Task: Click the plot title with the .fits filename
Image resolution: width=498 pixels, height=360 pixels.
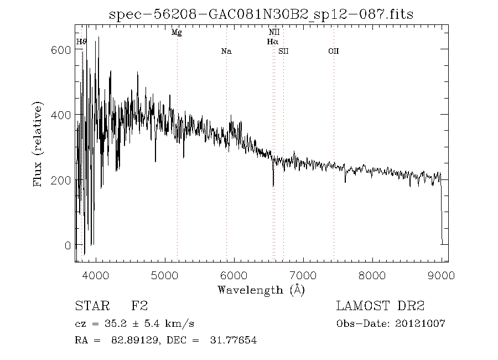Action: coord(261,14)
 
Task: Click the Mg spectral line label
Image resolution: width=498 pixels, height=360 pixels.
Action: coord(177,33)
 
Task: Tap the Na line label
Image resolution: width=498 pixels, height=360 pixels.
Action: coord(226,52)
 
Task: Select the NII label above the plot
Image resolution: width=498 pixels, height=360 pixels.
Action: coord(274,33)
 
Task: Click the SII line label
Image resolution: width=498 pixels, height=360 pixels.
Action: coord(283,52)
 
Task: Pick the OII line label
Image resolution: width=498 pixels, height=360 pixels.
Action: coord(333,52)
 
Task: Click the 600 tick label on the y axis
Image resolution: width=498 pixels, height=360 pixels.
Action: coord(60,50)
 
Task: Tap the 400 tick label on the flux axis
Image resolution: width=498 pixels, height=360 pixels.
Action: coord(60,115)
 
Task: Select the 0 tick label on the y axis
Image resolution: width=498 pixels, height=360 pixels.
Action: coord(67,245)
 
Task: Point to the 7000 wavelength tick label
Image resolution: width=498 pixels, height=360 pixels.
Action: coord(303,275)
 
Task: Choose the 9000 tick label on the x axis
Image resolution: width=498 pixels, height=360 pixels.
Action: coord(441,275)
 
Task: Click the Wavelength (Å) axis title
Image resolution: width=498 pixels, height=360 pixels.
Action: coord(261,290)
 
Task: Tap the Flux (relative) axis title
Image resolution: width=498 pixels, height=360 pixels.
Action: coord(38,144)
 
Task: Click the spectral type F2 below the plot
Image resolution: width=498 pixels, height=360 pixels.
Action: coord(139,306)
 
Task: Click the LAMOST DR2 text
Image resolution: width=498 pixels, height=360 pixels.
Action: coord(380,306)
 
